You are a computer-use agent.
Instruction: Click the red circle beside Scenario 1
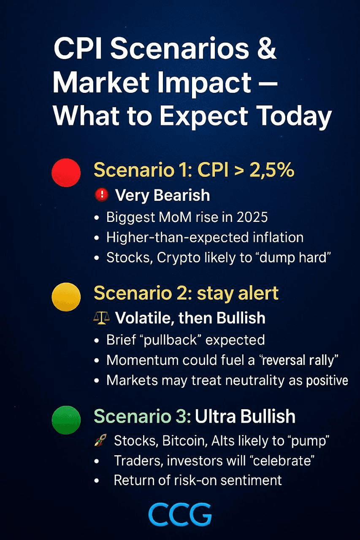pos(66,173)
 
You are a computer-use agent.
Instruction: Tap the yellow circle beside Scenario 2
pos(66,297)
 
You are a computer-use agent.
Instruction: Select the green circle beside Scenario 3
pos(66,420)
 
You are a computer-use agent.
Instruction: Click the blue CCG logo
pos(180,514)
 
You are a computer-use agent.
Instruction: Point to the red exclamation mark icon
pos(102,195)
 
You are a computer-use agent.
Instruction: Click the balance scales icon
pos(101,318)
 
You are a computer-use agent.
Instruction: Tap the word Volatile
pos(145,318)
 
